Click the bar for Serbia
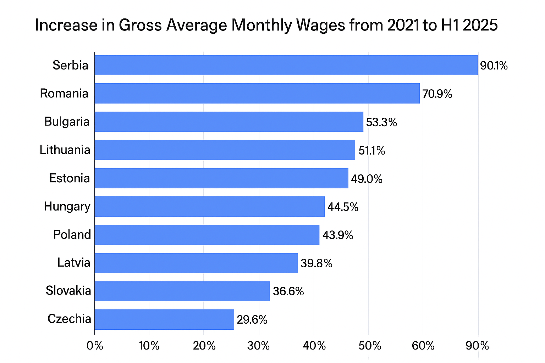(x=286, y=65)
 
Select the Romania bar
(x=257, y=93)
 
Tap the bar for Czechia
(x=164, y=319)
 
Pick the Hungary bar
(x=209, y=206)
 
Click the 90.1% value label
(x=494, y=66)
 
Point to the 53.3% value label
(x=381, y=122)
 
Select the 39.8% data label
(x=316, y=263)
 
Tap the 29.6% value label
(x=252, y=320)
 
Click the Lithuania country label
(x=65, y=150)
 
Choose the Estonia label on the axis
(x=70, y=178)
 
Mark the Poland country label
(x=72, y=235)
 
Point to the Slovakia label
(x=68, y=291)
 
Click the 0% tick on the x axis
(x=95, y=346)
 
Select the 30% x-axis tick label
(x=258, y=346)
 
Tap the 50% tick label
(x=370, y=346)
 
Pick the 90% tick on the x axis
(x=477, y=346)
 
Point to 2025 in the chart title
(x=480, y=25)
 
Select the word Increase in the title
(x=66, y=25)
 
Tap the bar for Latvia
(x=196, y=263)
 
